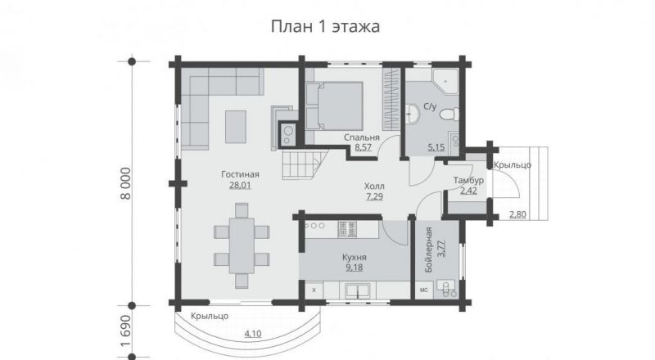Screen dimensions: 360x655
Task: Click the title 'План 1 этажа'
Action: (326, 27)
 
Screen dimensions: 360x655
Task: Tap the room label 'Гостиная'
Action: (240, 174)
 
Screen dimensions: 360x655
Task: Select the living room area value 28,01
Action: (240, 186)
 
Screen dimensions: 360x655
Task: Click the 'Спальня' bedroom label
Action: (359, 137)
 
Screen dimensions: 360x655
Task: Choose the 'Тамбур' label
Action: (468, 180)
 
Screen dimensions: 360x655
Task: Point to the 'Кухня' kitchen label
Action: (353, 256)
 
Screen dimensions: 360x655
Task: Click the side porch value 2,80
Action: (517, 215)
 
